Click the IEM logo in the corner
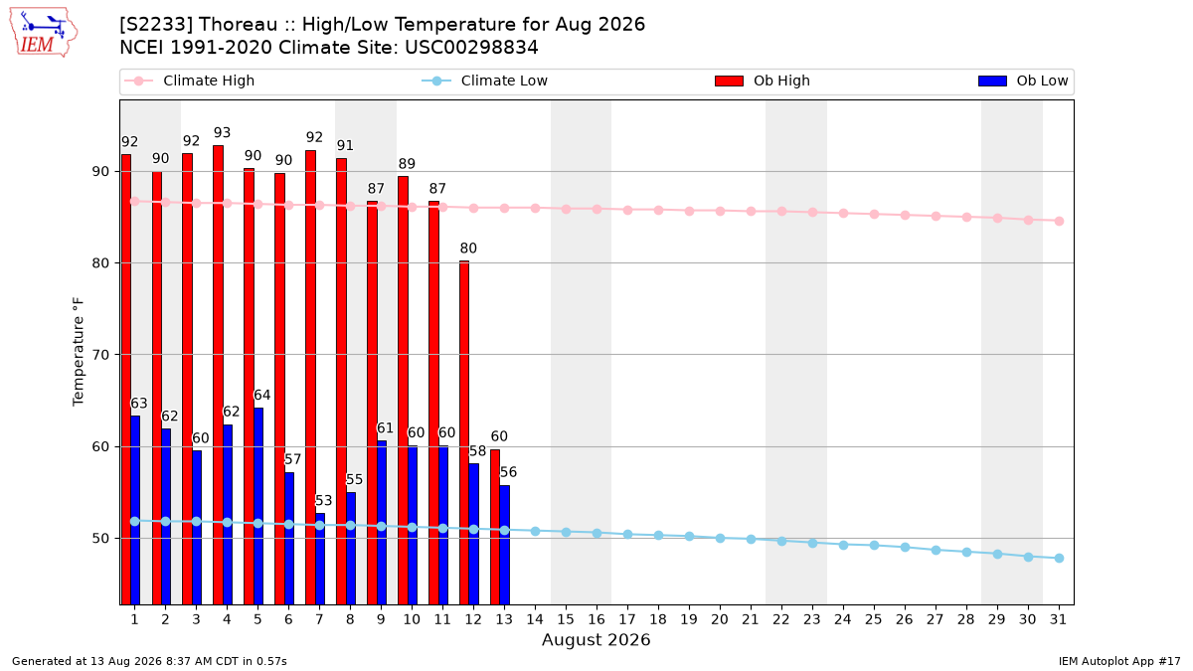pyautogui.click(x=44, y=33)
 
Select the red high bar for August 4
pyautogui.click(x=218, y=375)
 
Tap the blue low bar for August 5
pyautogui.click(x=258, y=506)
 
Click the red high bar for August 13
pyautogui.click(x=495, y=527)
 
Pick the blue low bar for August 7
pyautogui.click(x=320, y=559)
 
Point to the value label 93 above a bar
pyautogui.click(x=222, y=132)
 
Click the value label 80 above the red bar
pyautogui.click(x=468, y=249)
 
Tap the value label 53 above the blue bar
pyautogui.click(x=323, y=501)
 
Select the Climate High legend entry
pyautogui.click(x=189, y=81)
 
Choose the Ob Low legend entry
pyautogui.click(x=1023, y=81)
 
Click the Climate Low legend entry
pyautogui.click(x=485, y=81)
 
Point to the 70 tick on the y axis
pyautogui.click(x=100, y=355)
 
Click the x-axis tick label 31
pyautogui.click(x=1058, y=619)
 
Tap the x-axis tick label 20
pyautogui.click(x=720, y=619)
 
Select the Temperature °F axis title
pyautogui.click(x=79, y=352)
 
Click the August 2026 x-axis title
pyautogui.click(x=596, y=639)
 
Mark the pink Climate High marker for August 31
pyautogui.click(x=1059, y=221)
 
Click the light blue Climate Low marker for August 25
pyautogui.click(x=874, y=546)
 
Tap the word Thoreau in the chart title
pyautogui.click(x=238, y=25)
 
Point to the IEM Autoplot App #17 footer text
pyautogui.click(x=1119, y=661)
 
